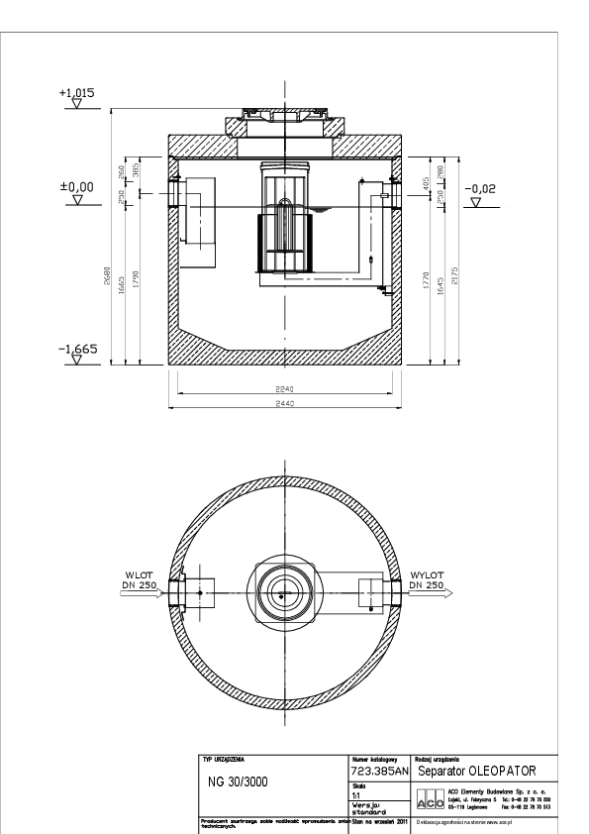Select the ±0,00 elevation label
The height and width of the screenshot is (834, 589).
coord(76,186)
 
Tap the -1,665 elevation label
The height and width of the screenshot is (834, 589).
coord(76,350)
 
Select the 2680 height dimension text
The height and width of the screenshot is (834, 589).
coord(108,279)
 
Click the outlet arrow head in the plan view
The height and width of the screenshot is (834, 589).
coord(447,595)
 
